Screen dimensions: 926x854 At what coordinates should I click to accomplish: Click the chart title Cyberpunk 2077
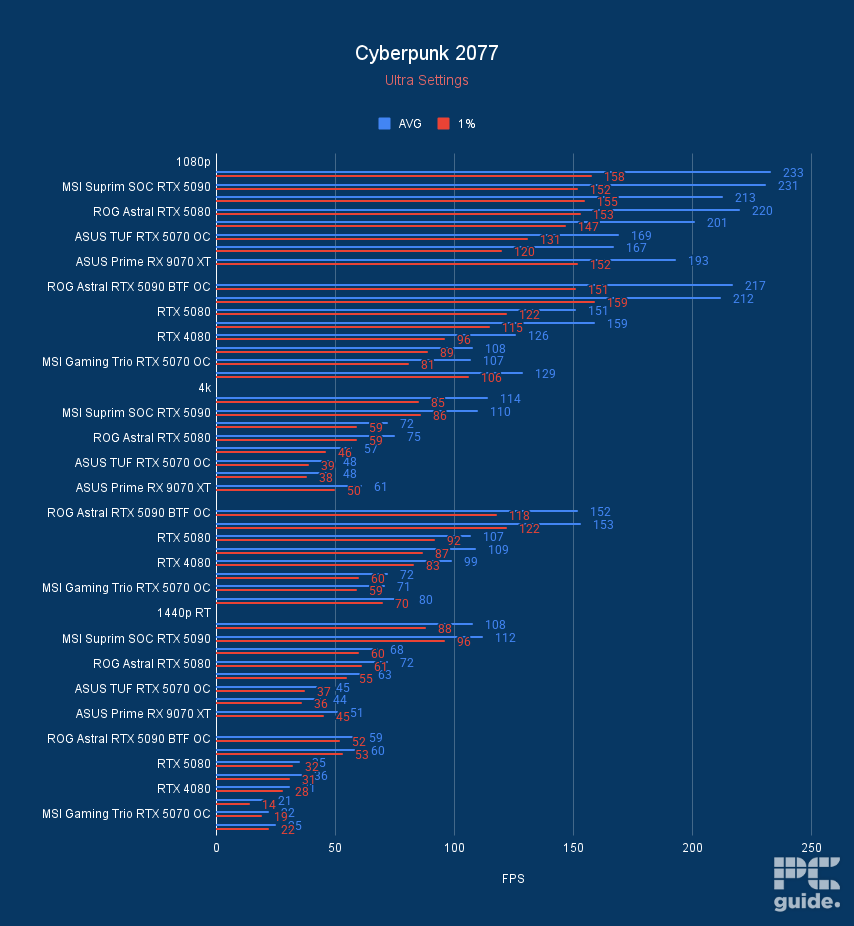pos(426,53)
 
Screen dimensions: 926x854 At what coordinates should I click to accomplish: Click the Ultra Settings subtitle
pos(426,80)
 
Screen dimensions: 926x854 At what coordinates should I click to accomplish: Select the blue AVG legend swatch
pos(384,124)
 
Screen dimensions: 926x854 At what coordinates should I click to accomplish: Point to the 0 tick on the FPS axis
pos(216,847)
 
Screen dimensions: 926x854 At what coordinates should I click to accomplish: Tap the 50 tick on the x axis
pos(335,847)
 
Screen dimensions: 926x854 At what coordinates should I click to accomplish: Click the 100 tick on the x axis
pos(454,847)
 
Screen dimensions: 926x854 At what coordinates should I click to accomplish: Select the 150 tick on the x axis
pos(573,847)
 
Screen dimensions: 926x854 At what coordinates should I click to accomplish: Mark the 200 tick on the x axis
pos(692,847)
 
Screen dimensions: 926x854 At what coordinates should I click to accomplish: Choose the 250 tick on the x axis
pos(811,847)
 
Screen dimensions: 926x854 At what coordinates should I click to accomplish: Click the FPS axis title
pos(513,879)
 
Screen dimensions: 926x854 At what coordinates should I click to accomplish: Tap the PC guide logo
pos(806,884)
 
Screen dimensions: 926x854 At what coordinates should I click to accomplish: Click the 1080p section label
pos(193,161)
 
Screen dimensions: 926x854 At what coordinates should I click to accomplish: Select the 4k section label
pos(204,387)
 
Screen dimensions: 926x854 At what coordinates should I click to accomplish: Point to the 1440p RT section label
pos(184,612)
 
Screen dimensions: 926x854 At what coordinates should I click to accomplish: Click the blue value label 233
pos(793,173)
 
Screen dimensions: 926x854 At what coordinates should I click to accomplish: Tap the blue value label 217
pos(755,286)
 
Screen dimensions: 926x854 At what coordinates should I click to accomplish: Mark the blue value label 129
pos(545,374)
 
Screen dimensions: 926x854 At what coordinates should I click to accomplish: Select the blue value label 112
pos(505,638)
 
